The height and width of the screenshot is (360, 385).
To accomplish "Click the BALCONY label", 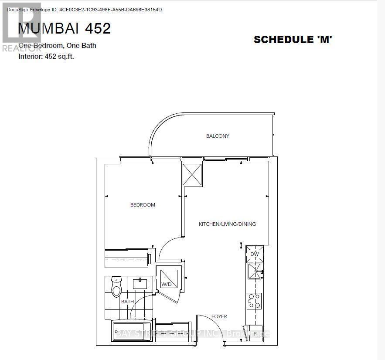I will tap(218, 136).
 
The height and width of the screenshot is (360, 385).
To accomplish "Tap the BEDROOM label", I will tap(143, 205).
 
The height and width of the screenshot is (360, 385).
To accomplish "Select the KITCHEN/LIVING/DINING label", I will tap(227, 224).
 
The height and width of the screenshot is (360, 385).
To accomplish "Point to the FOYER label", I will tap(219, 316).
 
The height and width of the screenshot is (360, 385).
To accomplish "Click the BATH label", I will tap(127, 302).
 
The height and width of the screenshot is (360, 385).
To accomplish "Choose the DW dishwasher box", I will tap(255, 254).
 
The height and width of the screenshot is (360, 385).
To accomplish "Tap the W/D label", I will tap(165, 285).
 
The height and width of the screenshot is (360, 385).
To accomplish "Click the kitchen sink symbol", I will tap(255, 271).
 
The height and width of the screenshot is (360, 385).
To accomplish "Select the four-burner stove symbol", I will tap(255, 300).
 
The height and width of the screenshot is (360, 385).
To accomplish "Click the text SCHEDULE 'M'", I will tap(293, 40).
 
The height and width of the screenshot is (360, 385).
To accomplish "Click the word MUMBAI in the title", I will tap(48, 28).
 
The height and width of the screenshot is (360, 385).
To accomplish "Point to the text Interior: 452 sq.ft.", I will tap(46, 56).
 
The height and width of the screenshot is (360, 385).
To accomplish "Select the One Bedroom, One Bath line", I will tap(57, 46).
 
